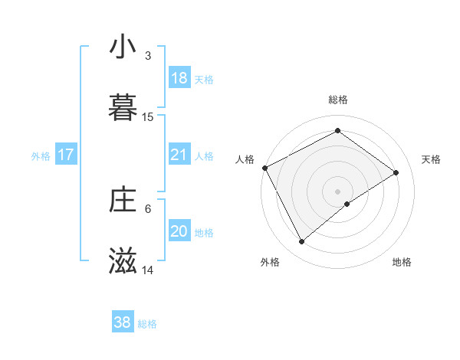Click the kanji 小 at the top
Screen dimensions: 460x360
tap(123, 47)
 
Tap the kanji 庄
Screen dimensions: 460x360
tap(123, 201)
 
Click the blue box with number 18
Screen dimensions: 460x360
tap(179, 78)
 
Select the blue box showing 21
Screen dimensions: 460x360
tap(179, 155)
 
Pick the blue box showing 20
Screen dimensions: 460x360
tap(179, 231)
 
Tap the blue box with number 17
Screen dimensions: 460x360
tap(66, 155)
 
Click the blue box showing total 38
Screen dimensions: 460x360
tap(123, 322)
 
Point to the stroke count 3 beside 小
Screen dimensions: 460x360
tap(148, 56)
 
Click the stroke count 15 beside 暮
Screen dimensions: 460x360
tap(148, 117)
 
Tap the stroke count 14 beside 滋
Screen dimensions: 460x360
tap(148, 270)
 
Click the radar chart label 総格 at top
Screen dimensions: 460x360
tap(338, 100)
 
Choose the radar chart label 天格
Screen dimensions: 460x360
tap(431, 159)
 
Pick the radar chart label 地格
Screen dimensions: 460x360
tap(402, 262)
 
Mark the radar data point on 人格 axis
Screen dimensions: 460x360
tap(264, 168)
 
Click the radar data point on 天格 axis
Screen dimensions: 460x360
tap(396, 172)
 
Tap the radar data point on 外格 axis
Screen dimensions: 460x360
tap(302, 242)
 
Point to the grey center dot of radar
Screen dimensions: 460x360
tap(338, 191)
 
